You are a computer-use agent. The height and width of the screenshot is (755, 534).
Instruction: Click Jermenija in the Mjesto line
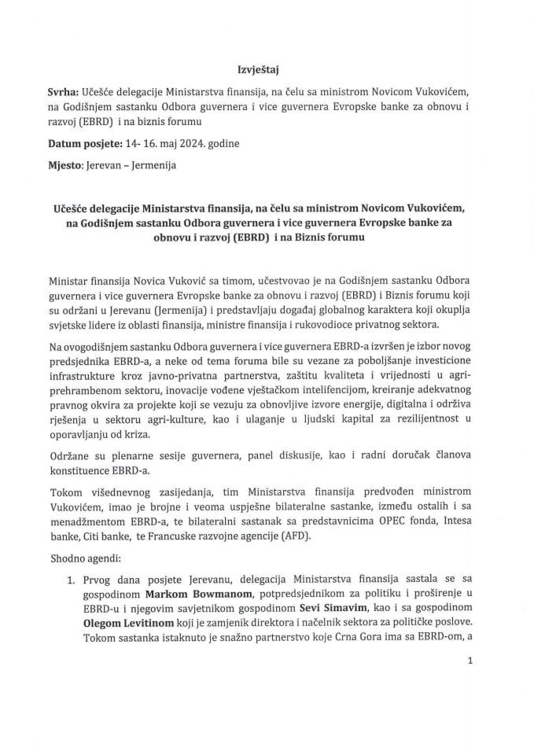point(154,166)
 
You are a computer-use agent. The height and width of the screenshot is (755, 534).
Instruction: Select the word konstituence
point(85,488)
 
